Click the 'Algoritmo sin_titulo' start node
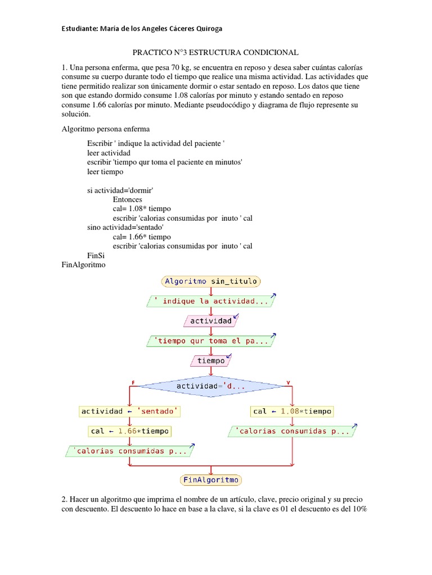[211, 281]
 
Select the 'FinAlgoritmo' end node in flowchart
[211, 480]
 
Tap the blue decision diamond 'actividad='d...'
[211, 386]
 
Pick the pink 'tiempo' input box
[211, 360]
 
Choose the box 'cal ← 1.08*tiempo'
[292, 411]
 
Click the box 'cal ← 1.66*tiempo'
[129, 431]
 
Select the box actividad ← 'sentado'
[129, 411]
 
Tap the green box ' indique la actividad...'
[211, 301]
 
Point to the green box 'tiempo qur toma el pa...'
[211, 340]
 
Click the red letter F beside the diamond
[133, 383]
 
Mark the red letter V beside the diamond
[289, 383]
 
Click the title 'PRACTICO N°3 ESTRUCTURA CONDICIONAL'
[215, 52]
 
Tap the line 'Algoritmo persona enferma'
[105, 129]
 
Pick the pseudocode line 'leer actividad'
[109, 153]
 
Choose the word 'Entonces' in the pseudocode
[127, 199]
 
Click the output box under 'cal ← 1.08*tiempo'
[292, 431]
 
